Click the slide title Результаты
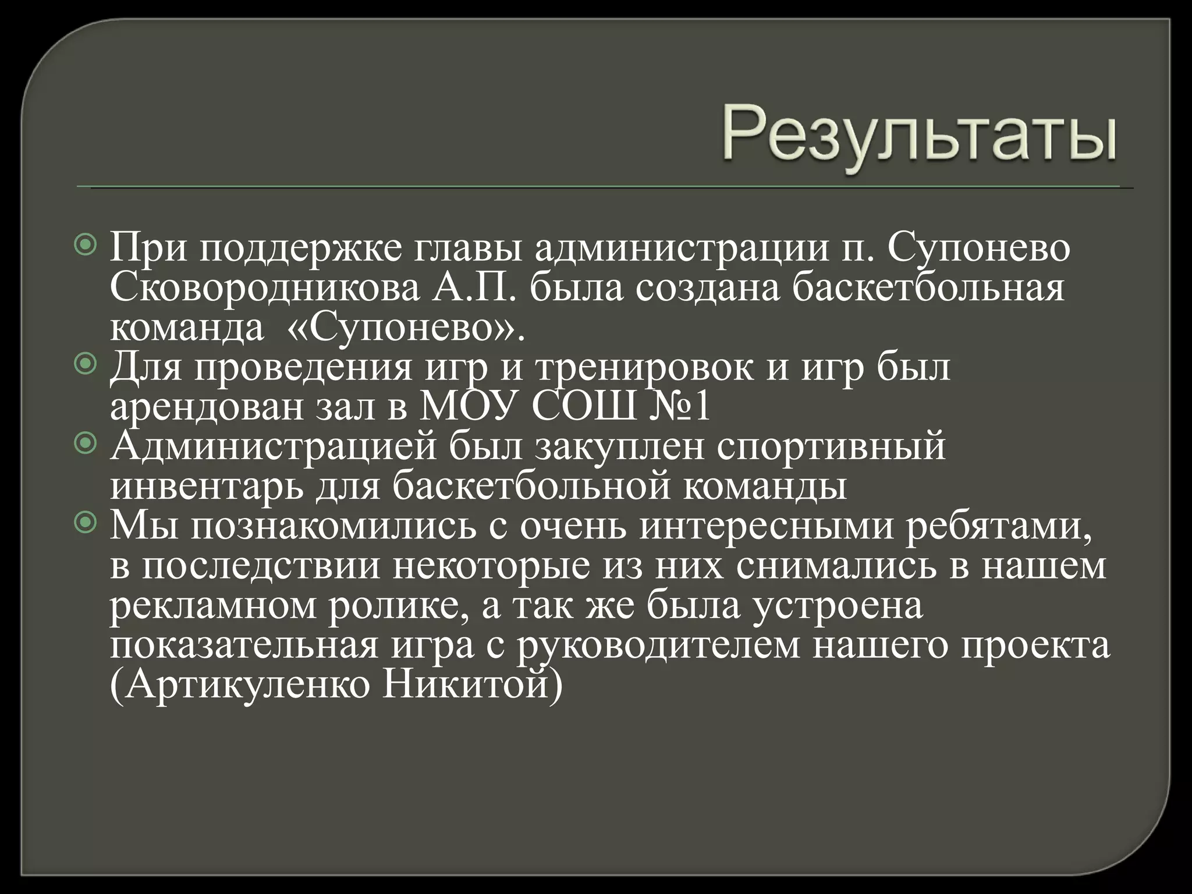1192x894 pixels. (x=920, y=136)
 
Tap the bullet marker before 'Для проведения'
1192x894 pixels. (x=87, y=364)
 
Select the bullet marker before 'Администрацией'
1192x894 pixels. (x=87, y=444)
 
